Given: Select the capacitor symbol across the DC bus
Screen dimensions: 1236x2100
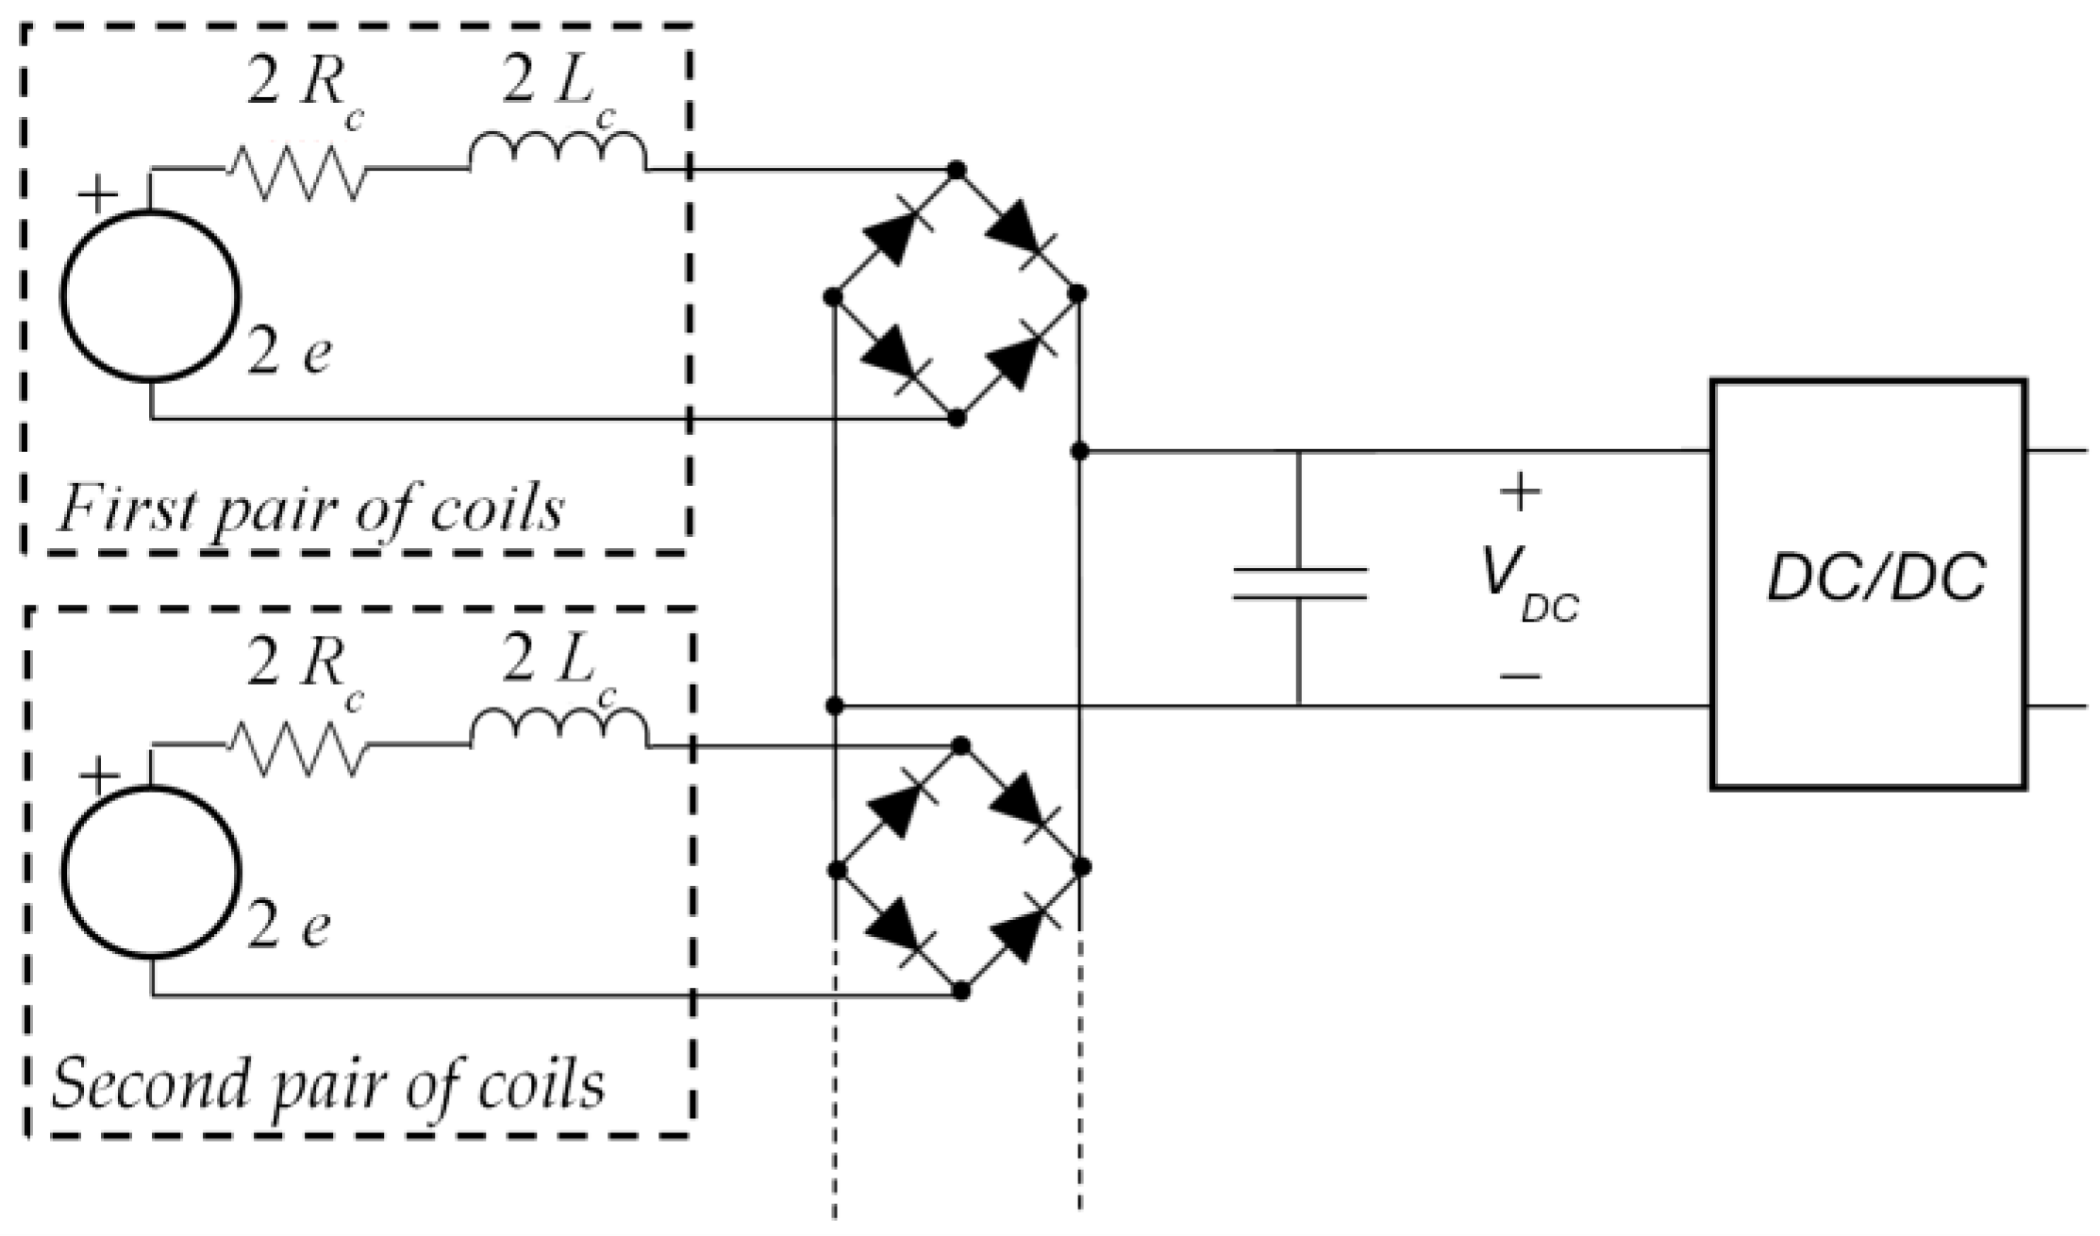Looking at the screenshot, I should click(x=1299, y=583).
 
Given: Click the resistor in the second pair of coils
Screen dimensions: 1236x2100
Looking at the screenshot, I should click(x=295, y=747).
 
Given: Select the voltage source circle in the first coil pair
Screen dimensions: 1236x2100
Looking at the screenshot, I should click(x=151, y=295).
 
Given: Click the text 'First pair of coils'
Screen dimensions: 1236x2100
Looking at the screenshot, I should click(x=309, y=510).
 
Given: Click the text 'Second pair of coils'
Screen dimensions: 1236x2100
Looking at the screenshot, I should click(x=327, y=1085).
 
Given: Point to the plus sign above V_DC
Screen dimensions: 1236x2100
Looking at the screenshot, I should click(x=1520, y=493).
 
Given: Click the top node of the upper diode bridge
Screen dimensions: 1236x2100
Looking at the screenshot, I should click(x=957, y=171).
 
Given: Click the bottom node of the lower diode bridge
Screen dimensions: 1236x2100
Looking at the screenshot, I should click(x=960, y=992).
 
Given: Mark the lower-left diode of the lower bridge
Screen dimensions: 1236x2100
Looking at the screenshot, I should click(x=894, y=929).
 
